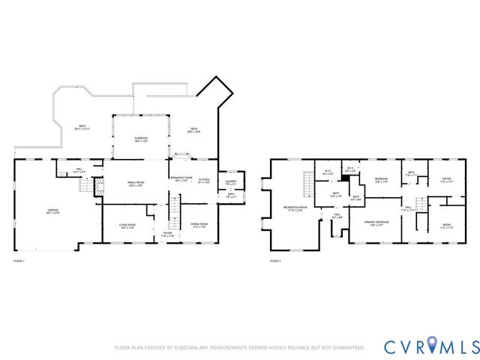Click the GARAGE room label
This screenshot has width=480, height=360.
(53, 211)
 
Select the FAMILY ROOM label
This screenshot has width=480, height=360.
(135, 184)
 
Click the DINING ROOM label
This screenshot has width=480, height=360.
(199, 225)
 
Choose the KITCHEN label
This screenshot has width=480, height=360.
(204, 181)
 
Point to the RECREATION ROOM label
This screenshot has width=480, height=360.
(292, 208)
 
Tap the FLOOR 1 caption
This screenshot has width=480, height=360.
(19, 261)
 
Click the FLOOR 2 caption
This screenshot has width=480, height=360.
(274, 261)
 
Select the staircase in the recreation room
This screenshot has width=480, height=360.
(306, 182)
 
